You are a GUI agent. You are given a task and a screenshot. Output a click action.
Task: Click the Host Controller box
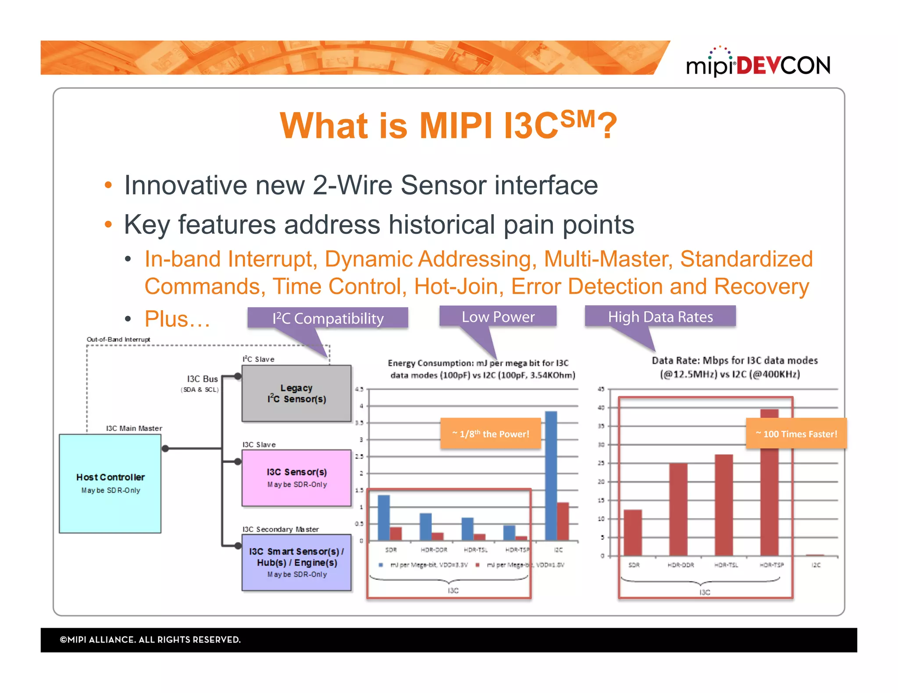coord(110,483)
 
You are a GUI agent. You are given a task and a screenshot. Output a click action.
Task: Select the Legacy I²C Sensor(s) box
coord(297,393)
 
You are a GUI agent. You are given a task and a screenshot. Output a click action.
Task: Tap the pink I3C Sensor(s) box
coord(297,477)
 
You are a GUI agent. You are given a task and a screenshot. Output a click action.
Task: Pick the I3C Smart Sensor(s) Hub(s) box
coord(297,562)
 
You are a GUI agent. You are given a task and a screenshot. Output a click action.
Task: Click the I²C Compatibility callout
coord(328,318)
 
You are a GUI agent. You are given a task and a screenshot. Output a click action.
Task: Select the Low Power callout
coord(498,316)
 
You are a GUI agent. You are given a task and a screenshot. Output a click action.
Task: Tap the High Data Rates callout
coord(660,316)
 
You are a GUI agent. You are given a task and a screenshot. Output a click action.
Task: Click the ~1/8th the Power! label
coord(491,434)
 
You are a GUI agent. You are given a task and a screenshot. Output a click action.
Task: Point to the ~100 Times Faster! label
coord(796,434)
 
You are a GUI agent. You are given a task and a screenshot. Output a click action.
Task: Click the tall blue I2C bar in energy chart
coord(551,475)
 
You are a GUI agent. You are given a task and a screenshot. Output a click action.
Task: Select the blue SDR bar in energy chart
coord(384,517)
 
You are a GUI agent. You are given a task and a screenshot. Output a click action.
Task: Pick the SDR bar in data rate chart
coord(633,532)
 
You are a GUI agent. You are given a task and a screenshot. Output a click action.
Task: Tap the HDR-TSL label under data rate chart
coord(726,565)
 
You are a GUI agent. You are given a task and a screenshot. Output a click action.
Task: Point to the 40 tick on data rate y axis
coord(601,407)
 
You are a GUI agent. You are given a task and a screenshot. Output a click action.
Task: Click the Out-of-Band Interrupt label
coord(118,339)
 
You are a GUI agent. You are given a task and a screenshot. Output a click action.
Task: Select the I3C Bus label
coord(202,379)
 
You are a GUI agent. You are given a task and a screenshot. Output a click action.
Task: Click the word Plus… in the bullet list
coord(177,319)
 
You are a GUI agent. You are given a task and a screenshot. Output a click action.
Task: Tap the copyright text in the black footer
coord(150,640)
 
